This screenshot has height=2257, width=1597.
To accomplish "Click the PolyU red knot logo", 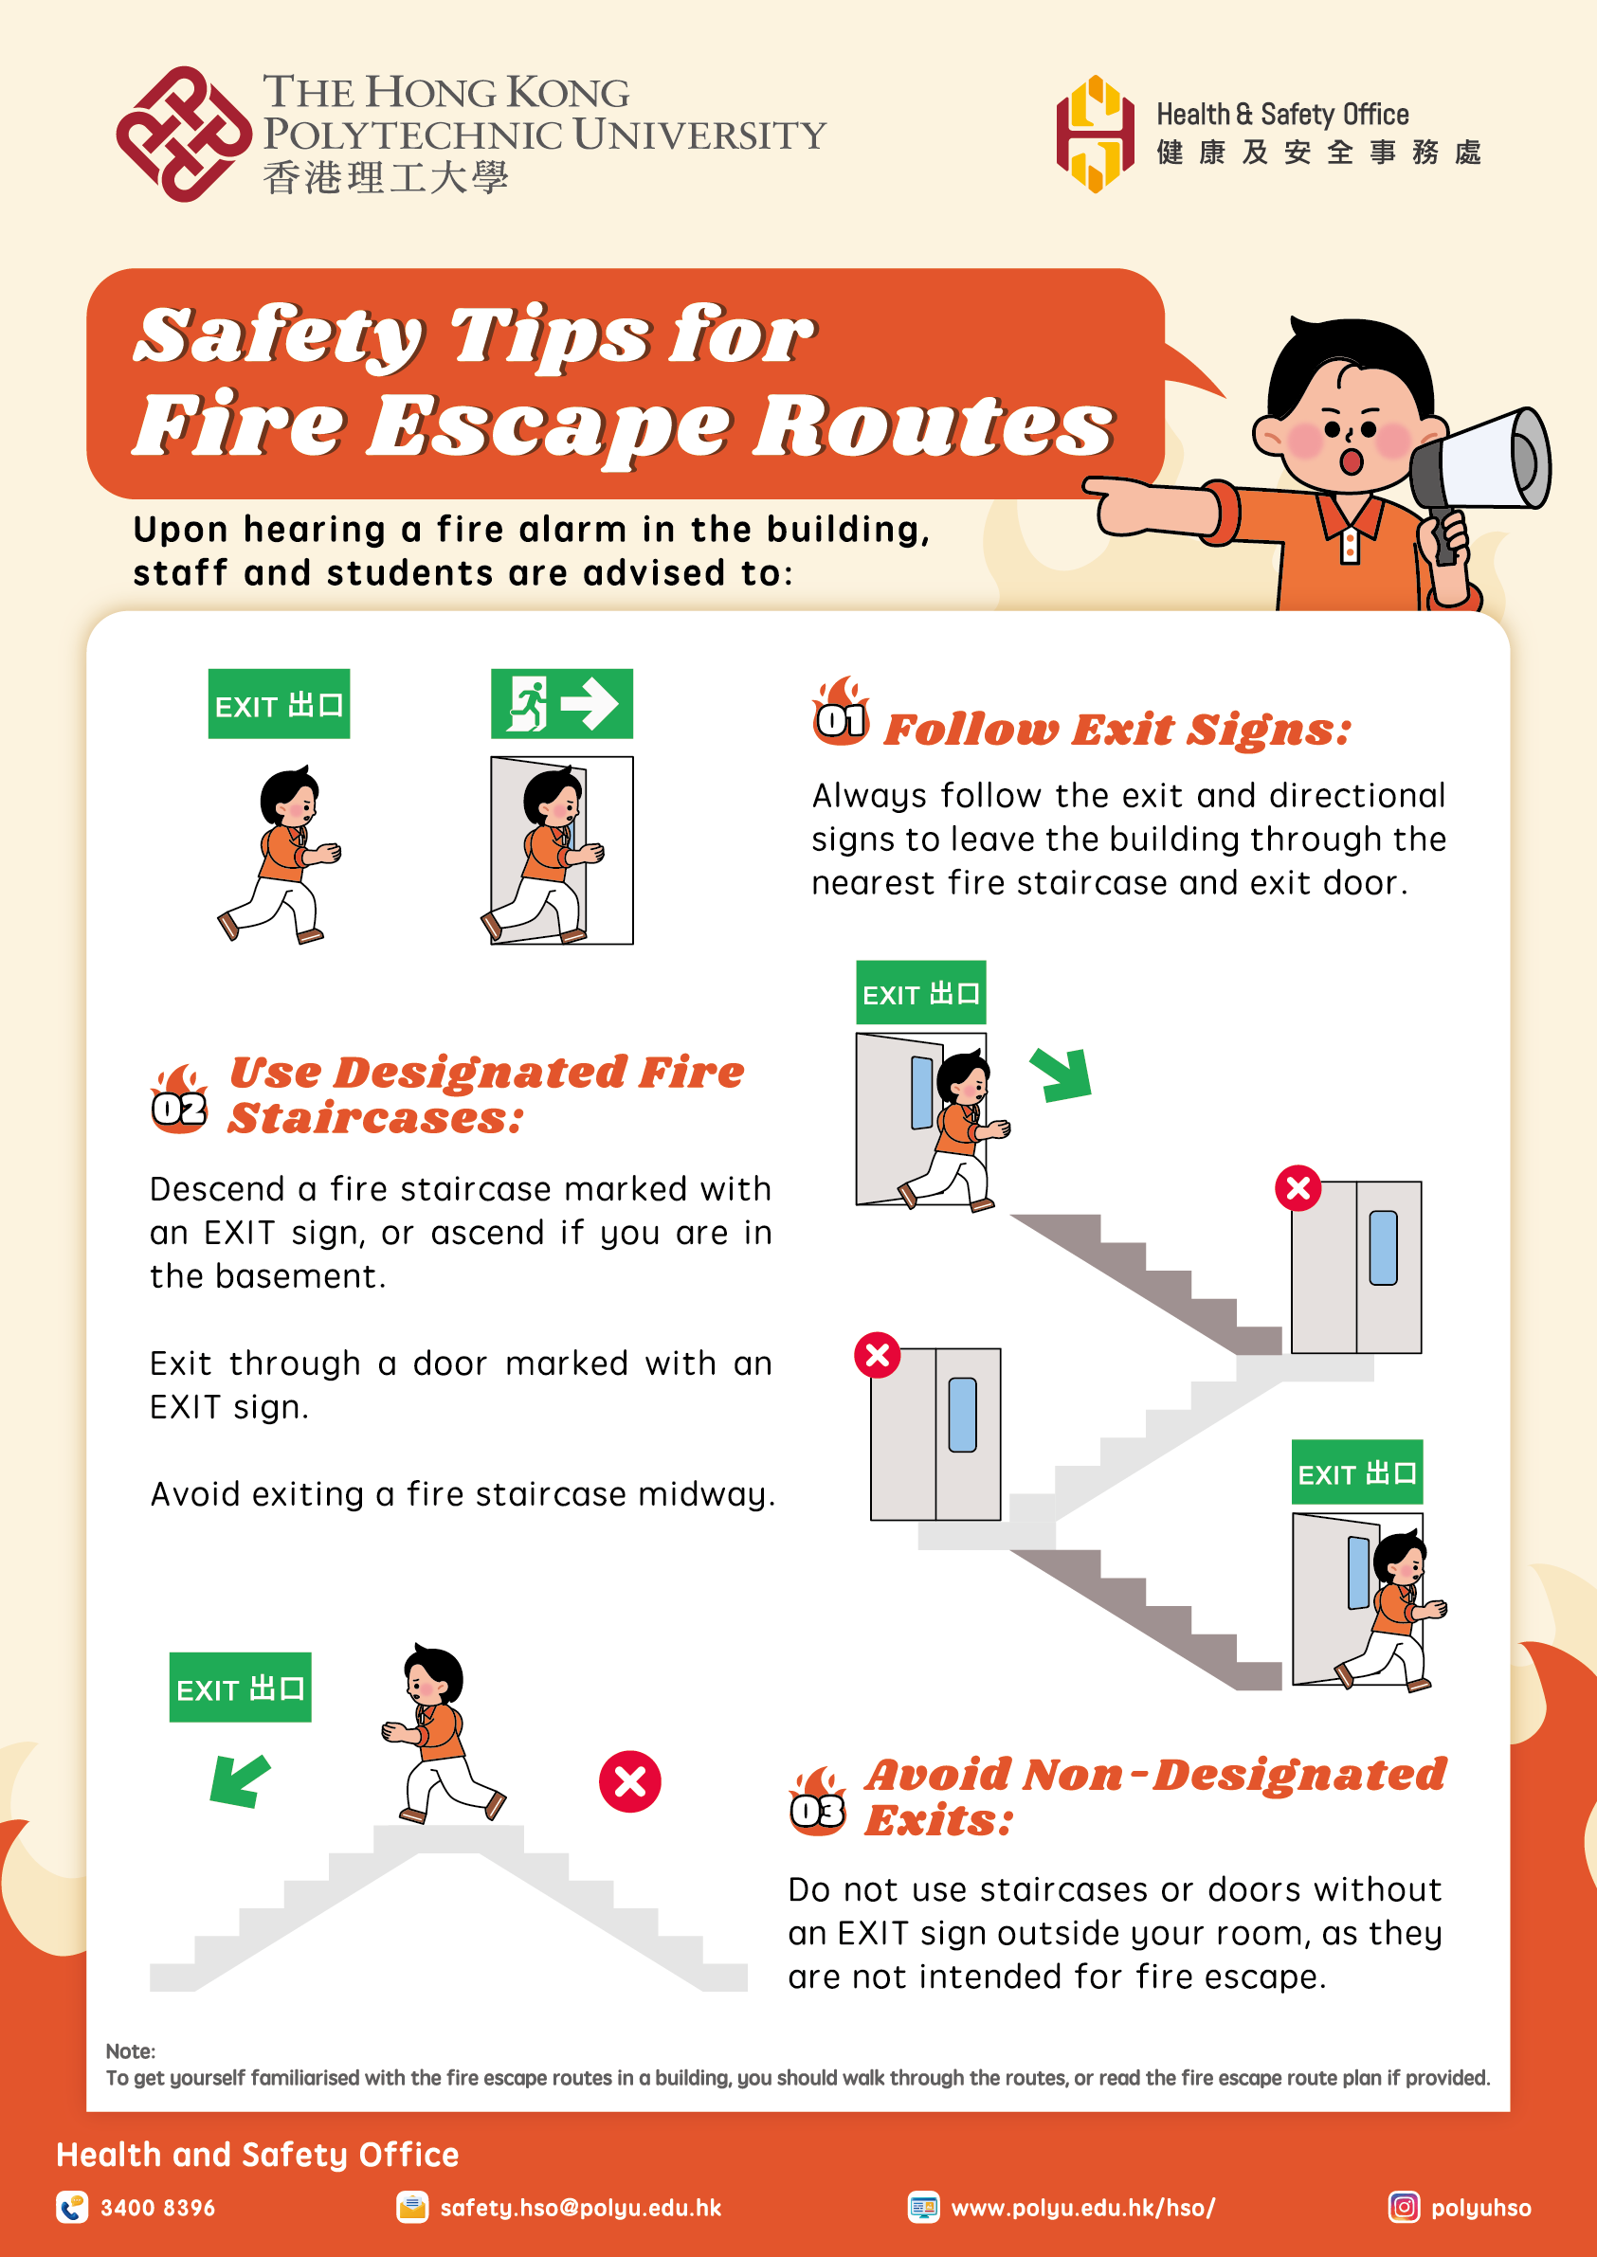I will (183, 135).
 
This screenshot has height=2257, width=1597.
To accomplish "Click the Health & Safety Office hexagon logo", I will (1095, 135).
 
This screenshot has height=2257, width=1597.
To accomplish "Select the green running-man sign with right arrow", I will (561, 704).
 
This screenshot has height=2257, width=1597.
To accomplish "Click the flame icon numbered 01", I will (841, 712).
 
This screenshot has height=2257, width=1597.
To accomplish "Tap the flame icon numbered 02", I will (179, 1100).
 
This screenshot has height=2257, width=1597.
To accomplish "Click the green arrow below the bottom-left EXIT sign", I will (239, 1780).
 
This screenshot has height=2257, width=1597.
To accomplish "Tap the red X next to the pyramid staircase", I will (629, 1781).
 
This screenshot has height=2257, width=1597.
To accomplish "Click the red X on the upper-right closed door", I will (1298, 1188).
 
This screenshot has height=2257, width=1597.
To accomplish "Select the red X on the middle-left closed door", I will (878, 1356).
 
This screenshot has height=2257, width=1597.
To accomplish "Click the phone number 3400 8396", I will (157, 2208).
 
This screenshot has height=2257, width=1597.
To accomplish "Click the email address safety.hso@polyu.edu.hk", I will (580, 2208).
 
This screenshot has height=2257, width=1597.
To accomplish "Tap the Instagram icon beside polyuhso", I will (1404, 2207).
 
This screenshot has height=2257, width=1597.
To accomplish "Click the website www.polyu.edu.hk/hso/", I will (1082, 2208).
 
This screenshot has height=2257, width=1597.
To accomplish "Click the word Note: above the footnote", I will (130, 2050).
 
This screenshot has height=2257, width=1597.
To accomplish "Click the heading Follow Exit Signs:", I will (1117, 730).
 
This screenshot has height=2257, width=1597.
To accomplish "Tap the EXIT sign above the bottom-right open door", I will (1356, 1472).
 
